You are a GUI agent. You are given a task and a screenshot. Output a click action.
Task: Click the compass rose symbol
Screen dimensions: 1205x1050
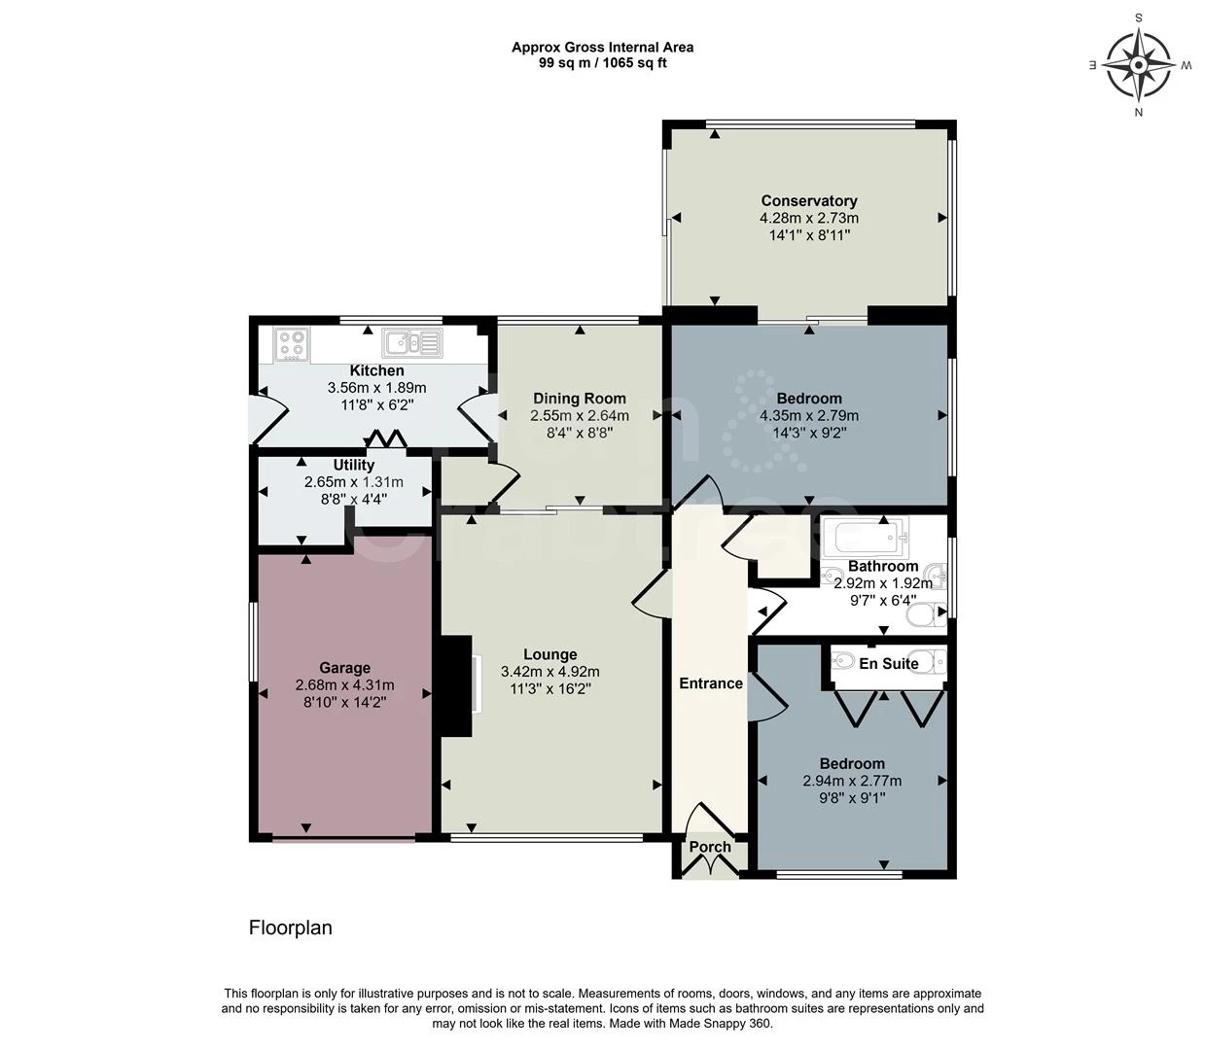tap(1139, 65)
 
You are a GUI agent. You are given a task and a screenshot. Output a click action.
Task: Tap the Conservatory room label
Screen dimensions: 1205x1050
tap(808, 200)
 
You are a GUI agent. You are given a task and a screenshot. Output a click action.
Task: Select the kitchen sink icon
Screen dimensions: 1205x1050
tap(411, 343)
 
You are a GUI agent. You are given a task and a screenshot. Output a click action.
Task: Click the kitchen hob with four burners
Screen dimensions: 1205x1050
tap(292, 345)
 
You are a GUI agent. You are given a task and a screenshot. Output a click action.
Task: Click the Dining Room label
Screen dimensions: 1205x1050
tap(580, 399)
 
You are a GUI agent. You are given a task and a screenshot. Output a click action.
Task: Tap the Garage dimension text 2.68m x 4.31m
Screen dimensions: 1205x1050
tap(344, 685)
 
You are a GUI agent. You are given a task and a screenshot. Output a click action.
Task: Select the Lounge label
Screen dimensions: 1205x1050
tap(550, 654)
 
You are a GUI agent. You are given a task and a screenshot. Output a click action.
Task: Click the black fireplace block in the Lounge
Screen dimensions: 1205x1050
tap(456, 685)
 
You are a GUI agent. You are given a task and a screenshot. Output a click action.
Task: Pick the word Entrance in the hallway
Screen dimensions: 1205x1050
tap(711, 683)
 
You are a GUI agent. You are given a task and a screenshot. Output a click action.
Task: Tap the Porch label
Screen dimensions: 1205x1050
tap(710, 847)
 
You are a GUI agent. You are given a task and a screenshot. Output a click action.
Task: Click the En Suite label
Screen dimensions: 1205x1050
tap(889, 664)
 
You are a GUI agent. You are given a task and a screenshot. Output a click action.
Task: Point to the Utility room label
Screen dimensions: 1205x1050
tap(353, 465)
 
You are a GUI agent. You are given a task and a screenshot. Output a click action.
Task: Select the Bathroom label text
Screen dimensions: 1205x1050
tap(883, 566)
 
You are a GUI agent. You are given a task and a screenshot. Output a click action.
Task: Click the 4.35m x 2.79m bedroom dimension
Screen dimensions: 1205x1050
tap(808, 415)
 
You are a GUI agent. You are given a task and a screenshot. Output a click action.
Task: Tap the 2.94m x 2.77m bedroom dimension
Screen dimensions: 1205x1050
tap(852, 781)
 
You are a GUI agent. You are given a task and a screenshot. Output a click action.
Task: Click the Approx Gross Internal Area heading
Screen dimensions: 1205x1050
tap(603, 48)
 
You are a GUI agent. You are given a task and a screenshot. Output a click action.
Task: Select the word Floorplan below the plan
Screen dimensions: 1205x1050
tap(291, 927)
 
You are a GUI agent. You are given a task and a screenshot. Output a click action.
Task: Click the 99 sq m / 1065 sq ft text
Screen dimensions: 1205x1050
tap(603, 63)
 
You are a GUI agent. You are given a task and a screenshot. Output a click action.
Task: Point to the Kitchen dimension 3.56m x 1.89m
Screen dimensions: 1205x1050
tap(376, 388)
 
